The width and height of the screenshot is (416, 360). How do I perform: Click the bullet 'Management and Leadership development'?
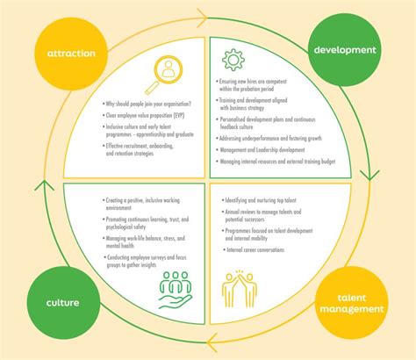tap(260, 150)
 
